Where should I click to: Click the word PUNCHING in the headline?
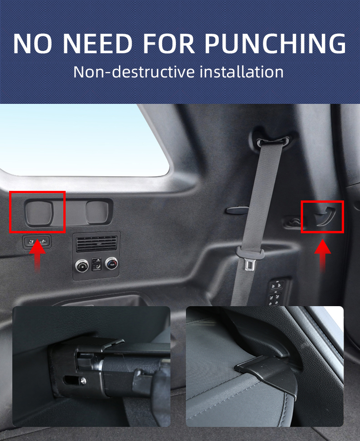click(275, 43)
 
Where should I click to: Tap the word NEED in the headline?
click(98, 43)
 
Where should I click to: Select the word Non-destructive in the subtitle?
click(134, 72)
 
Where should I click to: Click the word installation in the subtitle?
click(242, 72)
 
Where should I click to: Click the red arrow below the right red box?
click(323, 256)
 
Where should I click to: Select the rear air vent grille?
click(97, 244)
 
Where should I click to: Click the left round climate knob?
click(82, 266)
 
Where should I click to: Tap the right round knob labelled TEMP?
click(112, 263)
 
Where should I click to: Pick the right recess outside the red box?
click(97, 211)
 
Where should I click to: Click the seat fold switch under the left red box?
click(37, 241)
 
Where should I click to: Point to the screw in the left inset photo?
click(83, 381)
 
